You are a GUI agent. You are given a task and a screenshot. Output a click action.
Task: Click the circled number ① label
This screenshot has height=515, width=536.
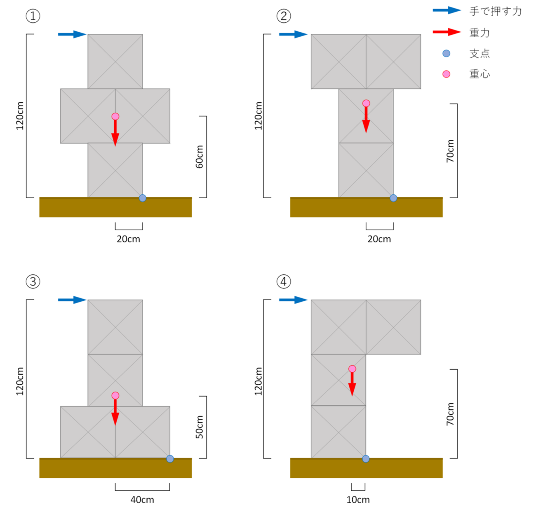pyautogui.click(x=33, y=16)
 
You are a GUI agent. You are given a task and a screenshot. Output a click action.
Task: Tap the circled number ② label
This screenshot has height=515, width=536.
pyautogui.click(x=284, y=16)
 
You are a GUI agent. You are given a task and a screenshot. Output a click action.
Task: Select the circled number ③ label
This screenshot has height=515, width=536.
pyautogui.click(x=33, y=281)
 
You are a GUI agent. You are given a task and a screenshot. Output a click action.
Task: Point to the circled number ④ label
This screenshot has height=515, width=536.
pyautogui.click(x=284, y=281)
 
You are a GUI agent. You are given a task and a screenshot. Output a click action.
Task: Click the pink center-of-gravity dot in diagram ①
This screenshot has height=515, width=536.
pyautogui.click(x=115, y=116)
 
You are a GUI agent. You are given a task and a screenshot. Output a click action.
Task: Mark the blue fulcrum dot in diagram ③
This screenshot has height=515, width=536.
pyautogui.click(x=170, y=459)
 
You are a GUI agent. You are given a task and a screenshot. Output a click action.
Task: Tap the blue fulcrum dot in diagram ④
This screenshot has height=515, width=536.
pyautogui.click(x=366, y=459)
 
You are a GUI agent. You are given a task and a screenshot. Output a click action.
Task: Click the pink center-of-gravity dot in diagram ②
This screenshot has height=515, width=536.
pyautogui.click(x=366, y=104)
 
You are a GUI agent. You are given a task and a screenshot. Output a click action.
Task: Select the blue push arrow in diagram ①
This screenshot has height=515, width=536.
pyautogui.click(x=72, y=35)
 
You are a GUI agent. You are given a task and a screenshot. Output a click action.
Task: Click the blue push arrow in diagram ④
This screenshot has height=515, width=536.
pyautogui.click(x=293, y=300)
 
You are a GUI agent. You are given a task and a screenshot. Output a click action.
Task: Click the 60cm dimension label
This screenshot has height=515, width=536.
pyautogui.click(x=200, y=156)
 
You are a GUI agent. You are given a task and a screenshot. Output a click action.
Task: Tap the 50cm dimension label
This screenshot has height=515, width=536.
pyautogui.click(x=200, y=427)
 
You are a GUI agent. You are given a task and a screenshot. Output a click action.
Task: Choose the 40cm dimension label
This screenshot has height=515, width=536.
pyautogui.click(x=142, y=500)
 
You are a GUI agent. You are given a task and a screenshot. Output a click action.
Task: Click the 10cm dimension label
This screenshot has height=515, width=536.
pyautogui.click(x=358, y=500)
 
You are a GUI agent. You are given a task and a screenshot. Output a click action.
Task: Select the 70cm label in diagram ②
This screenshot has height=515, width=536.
pyautogui.click(x=450, y=151)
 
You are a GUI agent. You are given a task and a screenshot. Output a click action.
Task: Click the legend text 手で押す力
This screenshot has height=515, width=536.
pyautogui.click(x=496, y=11)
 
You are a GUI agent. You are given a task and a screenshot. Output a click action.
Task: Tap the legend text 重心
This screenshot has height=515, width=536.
pyautogui.click(x=480, y=74)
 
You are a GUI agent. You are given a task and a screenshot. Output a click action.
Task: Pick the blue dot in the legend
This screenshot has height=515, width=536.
pyautogui.click(x=446, y=54)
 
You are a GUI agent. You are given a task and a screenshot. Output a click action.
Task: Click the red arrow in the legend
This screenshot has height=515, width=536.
pyautogui.click(x=447, y=32)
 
